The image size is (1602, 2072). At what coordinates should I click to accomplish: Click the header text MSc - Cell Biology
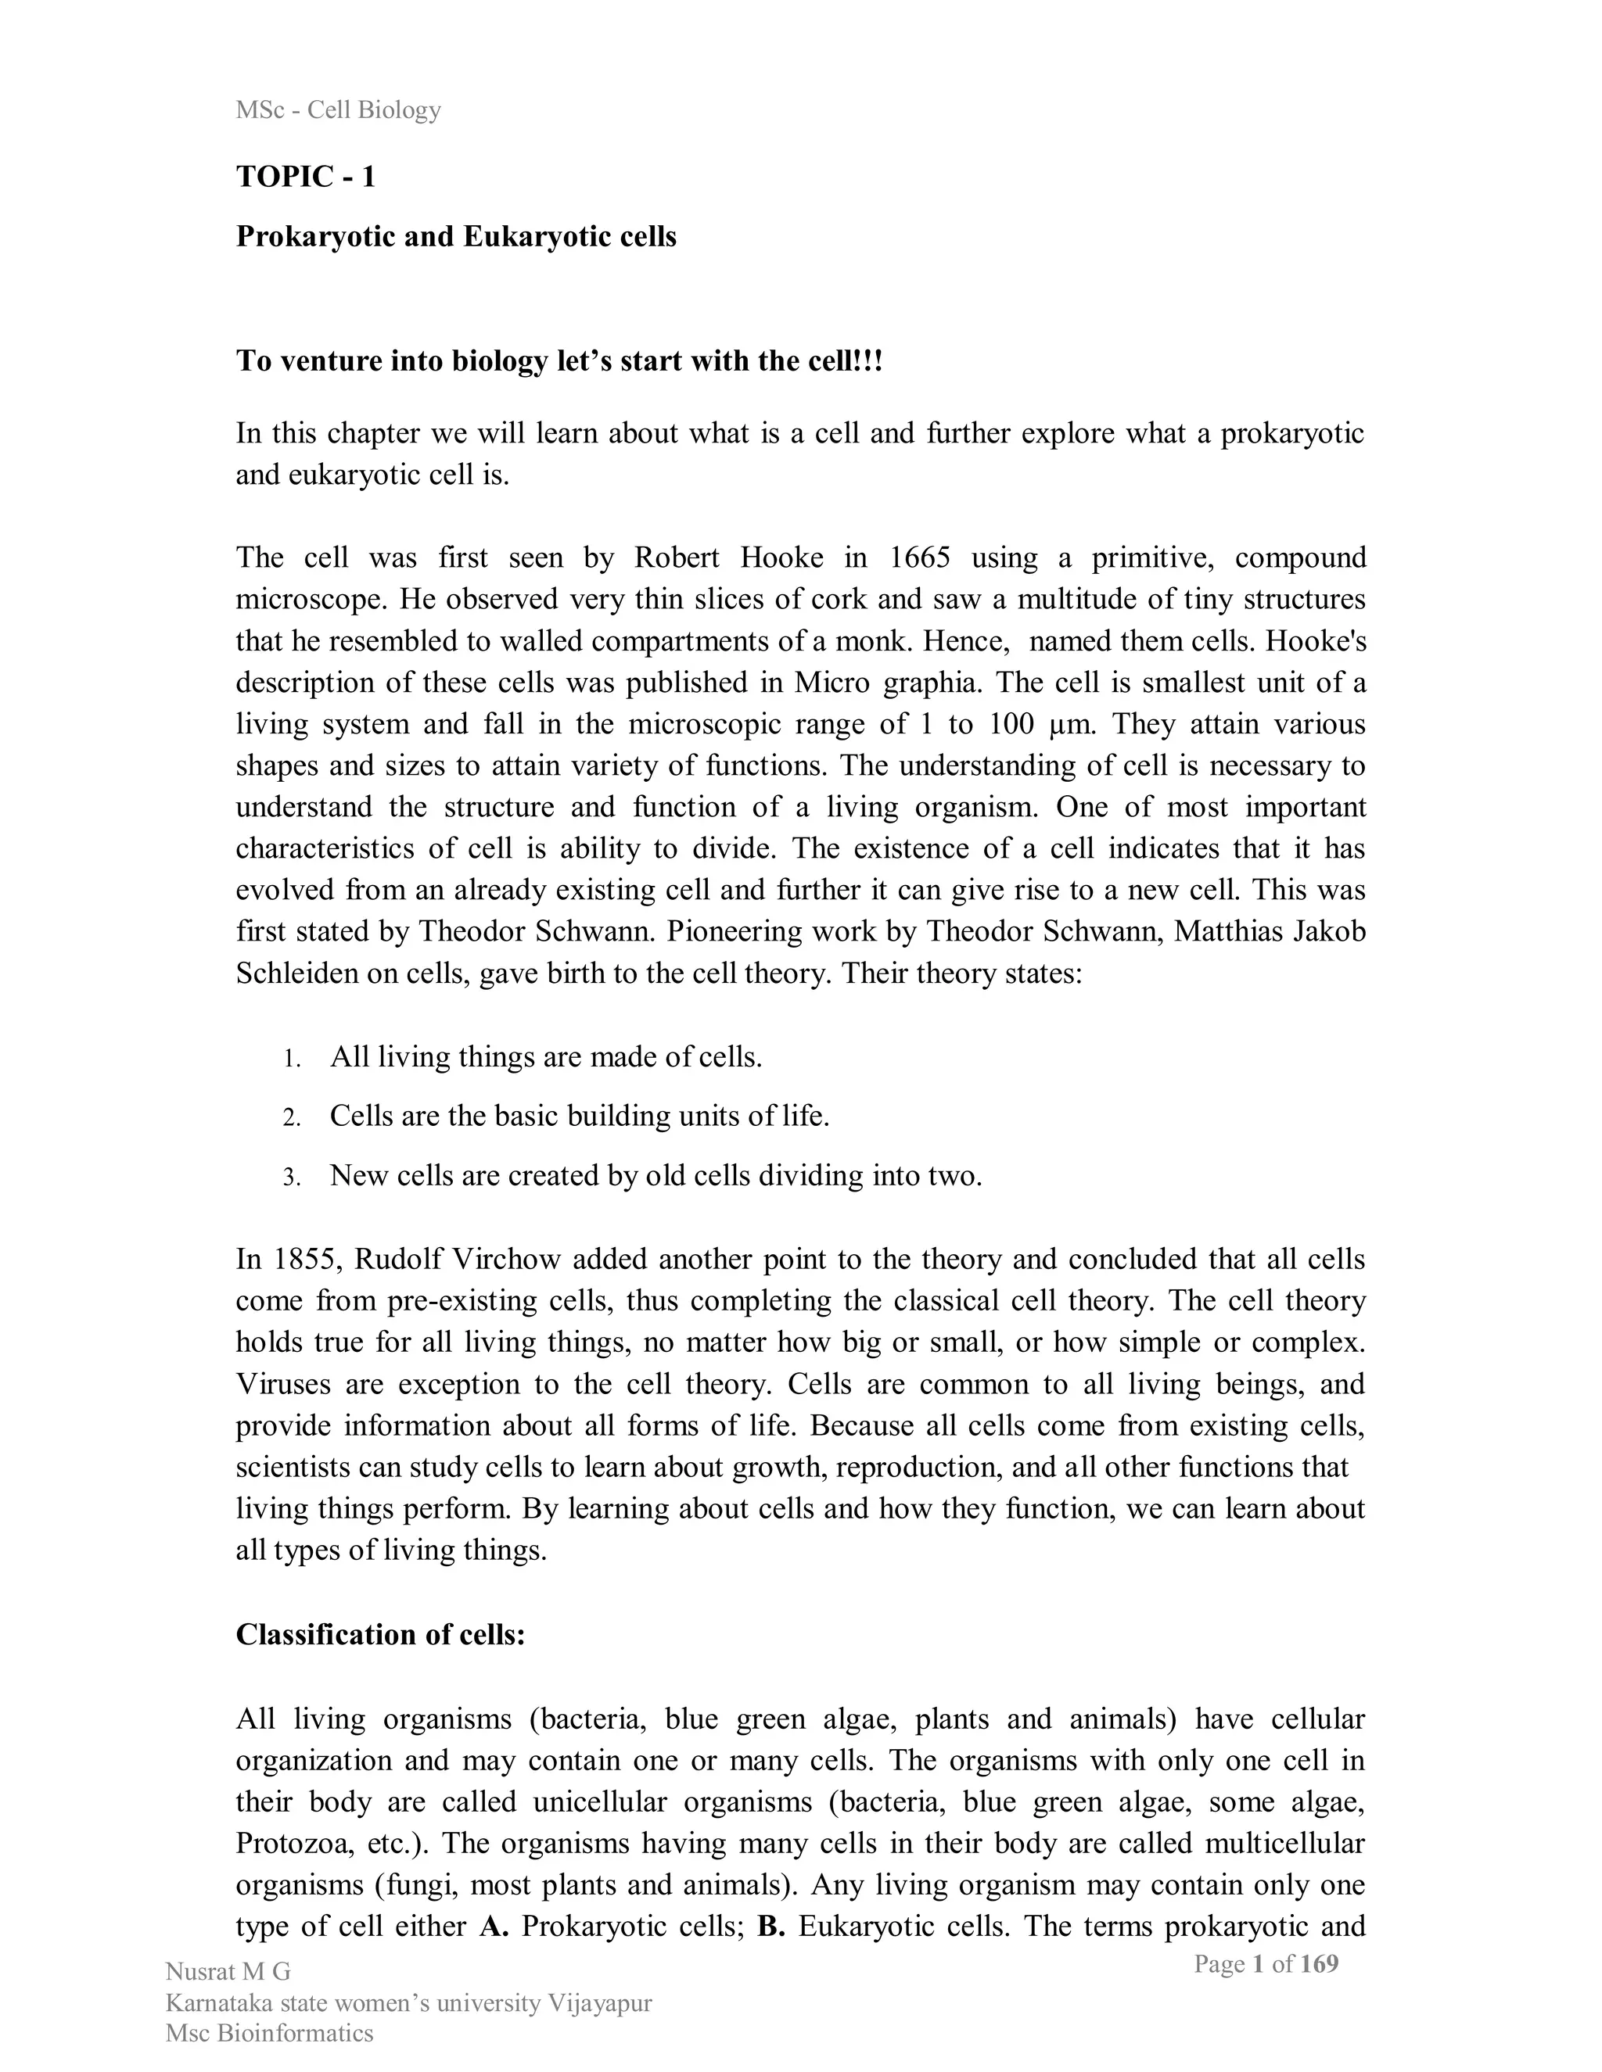pyautogui.click(x=338, y=110)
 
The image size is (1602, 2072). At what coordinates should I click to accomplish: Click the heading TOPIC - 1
pyautogui.click(x=306, y=177)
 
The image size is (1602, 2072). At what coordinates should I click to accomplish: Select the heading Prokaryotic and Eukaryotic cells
pyautogui.click(x=455, y=236)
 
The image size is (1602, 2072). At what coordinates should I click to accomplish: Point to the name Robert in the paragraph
pyautogui.click(x=677, y=557)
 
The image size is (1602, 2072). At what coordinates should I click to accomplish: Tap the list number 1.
pyautogui.click(x=291, y=1059)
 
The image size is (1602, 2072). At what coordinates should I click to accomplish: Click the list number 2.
pyautogui.click(x=291, y=1117)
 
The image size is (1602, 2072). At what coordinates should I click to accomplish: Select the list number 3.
pyautogui.click(x=291, y=1178)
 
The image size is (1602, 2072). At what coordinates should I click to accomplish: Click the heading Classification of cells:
pyautogui.click(x=379, y=1635)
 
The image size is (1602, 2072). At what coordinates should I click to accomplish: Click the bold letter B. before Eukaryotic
pyautogui.click(x=770, y=1926)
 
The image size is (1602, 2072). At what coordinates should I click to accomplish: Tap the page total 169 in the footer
pyautogui.click(x=1318, y=1964)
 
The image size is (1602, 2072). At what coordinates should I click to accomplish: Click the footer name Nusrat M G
pyautogui.click(x=228, y=1973)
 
